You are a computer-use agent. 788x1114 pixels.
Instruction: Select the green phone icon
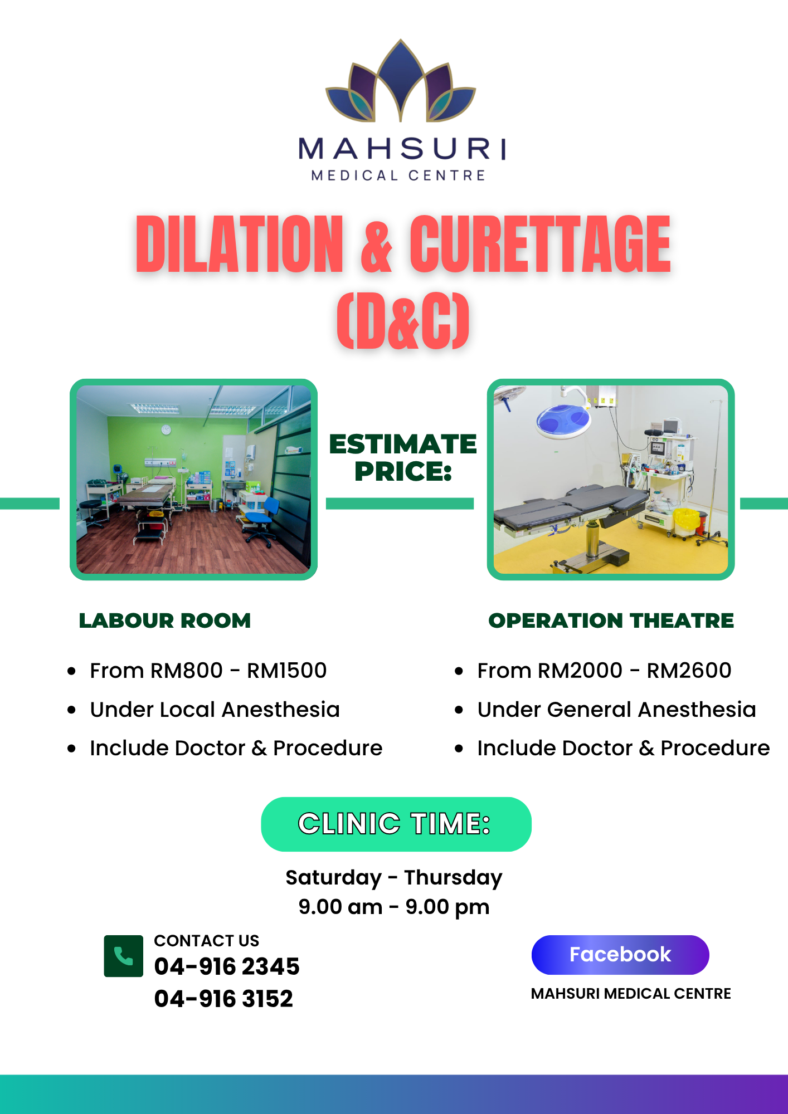tap(123, 956)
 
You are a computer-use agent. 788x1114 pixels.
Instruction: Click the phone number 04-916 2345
tap(227, 966)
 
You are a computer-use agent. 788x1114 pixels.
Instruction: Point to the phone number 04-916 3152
tap(223, 999)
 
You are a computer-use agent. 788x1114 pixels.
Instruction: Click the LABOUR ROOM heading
tap(165, 620)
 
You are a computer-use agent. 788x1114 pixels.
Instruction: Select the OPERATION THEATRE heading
tap(611, 620)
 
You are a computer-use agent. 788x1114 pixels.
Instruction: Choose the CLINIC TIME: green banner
tap(396, 824)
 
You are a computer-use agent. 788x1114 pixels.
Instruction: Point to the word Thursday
tap(453, 877)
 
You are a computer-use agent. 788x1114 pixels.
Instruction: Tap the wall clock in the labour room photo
tap(166, 429)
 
